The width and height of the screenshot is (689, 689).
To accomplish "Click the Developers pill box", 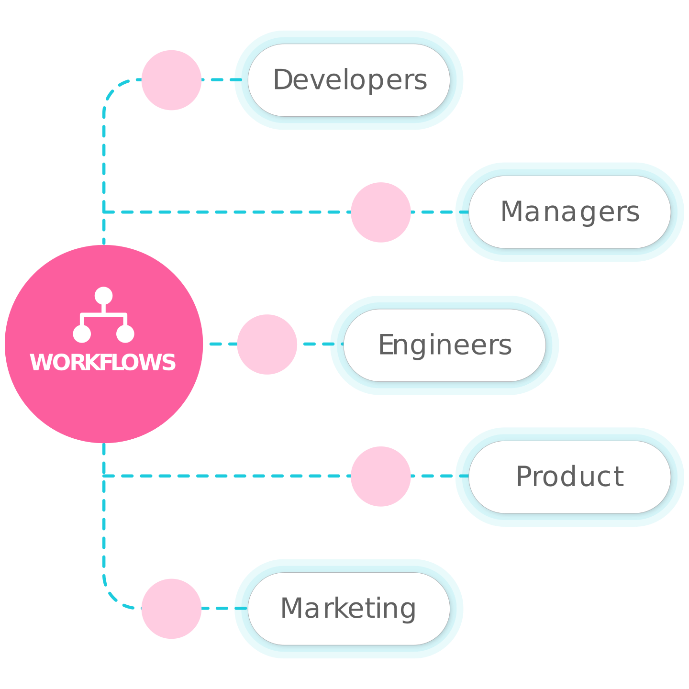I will click(x=349, y=80).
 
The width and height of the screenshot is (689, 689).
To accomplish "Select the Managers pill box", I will click(x=569, y=212).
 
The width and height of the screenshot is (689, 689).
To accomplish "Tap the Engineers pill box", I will click(x=445, y=345).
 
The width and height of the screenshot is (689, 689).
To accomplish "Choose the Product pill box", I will click(x=569, y=477).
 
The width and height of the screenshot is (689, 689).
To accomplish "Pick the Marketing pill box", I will click(x=349, y=609).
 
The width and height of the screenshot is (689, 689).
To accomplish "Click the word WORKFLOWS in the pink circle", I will click(x=103, y=363).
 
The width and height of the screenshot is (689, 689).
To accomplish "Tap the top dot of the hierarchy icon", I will click(x=103, y=296).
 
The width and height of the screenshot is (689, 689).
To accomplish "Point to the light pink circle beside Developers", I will click(x=171, y=80).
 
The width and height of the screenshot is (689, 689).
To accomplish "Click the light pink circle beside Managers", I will click(x=381, y=212).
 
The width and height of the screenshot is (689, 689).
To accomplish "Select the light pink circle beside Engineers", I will click(x=267, y=344).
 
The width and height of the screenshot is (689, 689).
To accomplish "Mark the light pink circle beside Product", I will click(x=381, y=477).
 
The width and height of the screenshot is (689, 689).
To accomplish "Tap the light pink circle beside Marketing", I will click(x=171, y=609).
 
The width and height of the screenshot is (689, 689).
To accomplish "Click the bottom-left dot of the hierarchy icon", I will click(x=82, y=334).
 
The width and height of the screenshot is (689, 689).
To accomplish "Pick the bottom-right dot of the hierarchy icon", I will click(x=125, y=334).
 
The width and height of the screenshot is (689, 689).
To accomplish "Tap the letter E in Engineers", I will click(x=385, y=345).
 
